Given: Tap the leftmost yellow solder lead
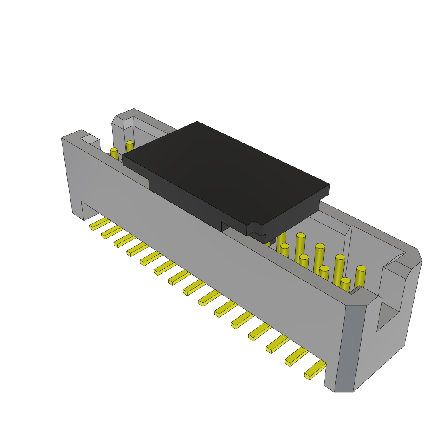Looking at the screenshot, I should pos(100,224).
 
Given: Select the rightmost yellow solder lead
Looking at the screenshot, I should pos(315,370).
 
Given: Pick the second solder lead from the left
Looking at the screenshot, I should pos(112,232).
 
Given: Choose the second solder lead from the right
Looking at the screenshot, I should pos(296,356).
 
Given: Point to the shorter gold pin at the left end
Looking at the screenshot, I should pos(114,154).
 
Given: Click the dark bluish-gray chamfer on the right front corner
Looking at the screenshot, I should pos(350,348).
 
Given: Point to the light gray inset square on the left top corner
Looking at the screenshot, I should pos(90,139).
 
